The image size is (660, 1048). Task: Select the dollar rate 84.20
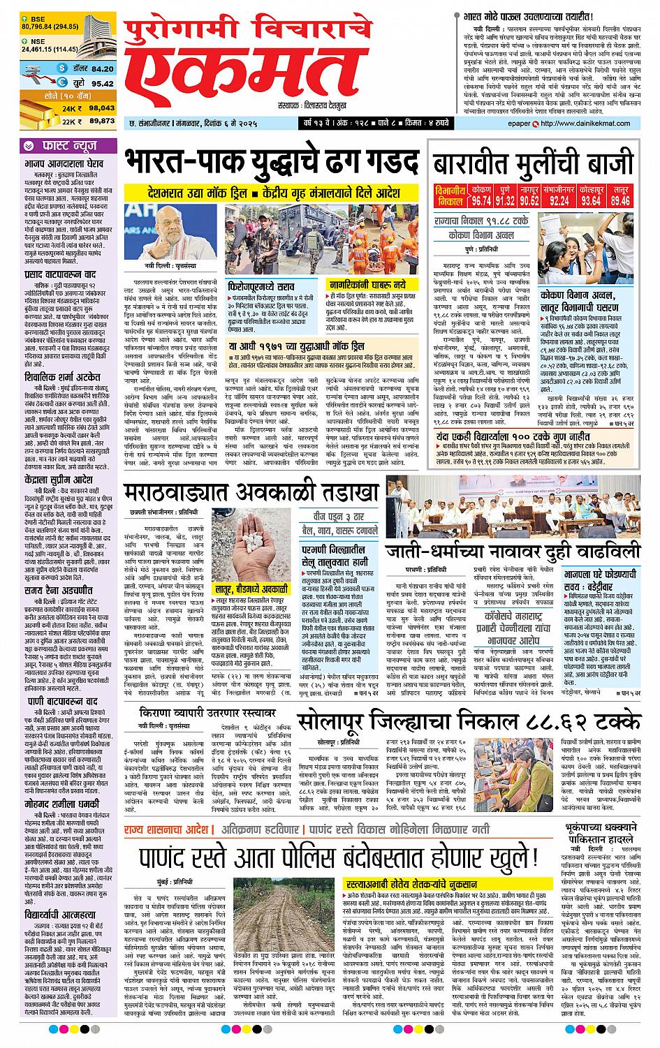[x=102, y=68]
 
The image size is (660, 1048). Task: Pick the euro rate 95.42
[x=102, y=83]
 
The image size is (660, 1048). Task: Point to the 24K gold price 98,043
[x=102, y=108]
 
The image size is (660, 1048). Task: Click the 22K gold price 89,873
[x=102, y=121]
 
